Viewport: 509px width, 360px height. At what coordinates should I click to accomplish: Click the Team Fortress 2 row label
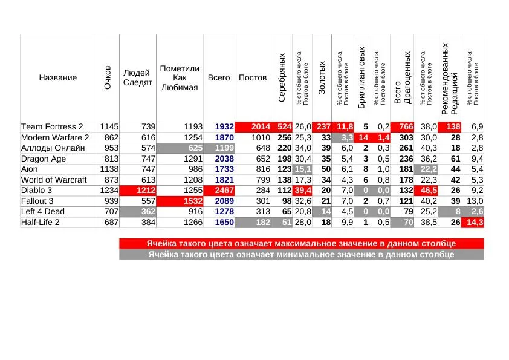pyautogui.click(x=52, y=126)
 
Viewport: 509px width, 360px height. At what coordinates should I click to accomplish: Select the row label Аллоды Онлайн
pyautogui.click(x=49, y=148)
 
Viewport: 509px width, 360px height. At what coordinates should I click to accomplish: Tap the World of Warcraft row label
pyautogui.click(x=54, y=180)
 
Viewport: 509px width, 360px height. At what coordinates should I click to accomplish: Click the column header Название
pyautogui.click(x=58, y=77)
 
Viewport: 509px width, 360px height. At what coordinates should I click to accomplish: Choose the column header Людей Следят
pyautogui.click(x=138, y=77)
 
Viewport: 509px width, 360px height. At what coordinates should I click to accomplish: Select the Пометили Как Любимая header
pyautogui.click(x=180, y=77)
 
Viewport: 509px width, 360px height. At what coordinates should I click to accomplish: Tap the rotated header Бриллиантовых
pyautogui.click(x=361, y=77)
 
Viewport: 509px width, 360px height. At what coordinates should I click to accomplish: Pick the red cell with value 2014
pyautogui.click(x=253, y=126)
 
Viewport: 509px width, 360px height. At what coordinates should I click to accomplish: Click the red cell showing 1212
pyautogui.click(x=138, y=191)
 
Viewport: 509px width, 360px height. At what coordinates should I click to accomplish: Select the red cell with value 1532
pyautogui.click(x=180, y=201)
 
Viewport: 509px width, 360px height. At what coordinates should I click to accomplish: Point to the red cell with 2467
pyautogui.click(x=219, y=191)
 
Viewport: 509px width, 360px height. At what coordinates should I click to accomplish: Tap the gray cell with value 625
pyautogui.click(x=180, y=148)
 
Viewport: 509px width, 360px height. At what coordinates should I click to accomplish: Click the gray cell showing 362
pyautogui.click(x=138, y=212)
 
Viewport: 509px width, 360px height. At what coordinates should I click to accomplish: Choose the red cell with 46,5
pyautogui.click(x=426, y=191)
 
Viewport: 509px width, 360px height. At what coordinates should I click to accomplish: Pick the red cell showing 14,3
pyautogui.click(x=473, y=223)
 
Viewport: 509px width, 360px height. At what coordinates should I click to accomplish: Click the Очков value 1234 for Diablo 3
pyautogui.click(x=108, y=191)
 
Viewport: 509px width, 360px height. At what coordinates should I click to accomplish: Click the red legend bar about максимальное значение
pyautogui.click(x=302, y=243)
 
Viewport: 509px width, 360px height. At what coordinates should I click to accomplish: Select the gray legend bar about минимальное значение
pyautogui.click(x=302, y=254)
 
